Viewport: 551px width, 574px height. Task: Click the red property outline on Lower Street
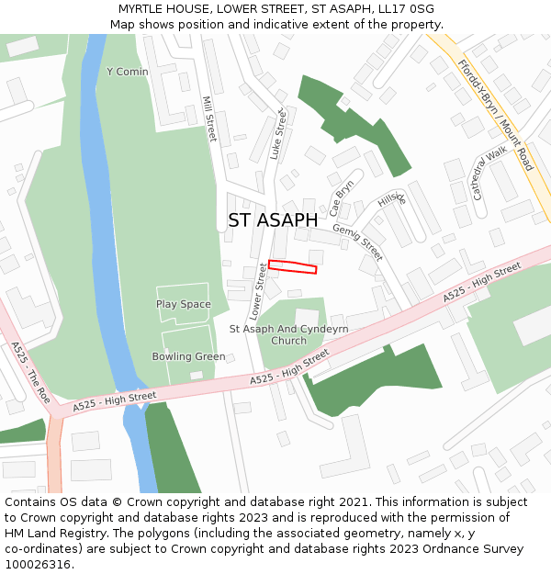point(292,267)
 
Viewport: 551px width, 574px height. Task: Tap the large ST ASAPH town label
point(273,220)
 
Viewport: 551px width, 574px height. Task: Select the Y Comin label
point(127,72)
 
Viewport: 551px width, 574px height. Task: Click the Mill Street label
point(208,120)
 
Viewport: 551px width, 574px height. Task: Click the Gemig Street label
point(357,242)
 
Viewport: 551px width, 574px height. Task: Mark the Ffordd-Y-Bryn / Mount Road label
point(495,116)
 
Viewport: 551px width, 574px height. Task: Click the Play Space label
point(183,305)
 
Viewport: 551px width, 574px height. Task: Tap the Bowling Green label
point(188,356)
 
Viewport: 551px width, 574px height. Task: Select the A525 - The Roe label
point(30,373)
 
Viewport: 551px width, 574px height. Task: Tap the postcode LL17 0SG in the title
point(404,9)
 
